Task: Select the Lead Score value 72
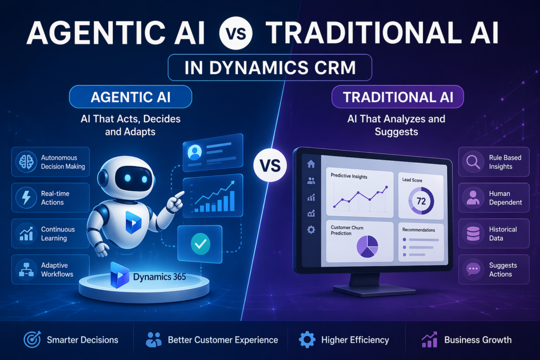(x=421, y=201)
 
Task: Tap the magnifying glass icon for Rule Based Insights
(x=472, y=162)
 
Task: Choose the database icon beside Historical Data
(x=472, y=233)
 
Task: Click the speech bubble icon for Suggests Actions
(x=472, y=269)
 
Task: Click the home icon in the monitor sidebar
(x=311, y=164)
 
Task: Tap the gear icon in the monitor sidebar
(x=311, y=230)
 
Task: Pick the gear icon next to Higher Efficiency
(x=307, y=340)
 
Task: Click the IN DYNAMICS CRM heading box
(x=269, y=69)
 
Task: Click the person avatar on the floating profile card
(x=195, y=153)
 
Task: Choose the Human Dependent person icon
(x=472, y=198)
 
